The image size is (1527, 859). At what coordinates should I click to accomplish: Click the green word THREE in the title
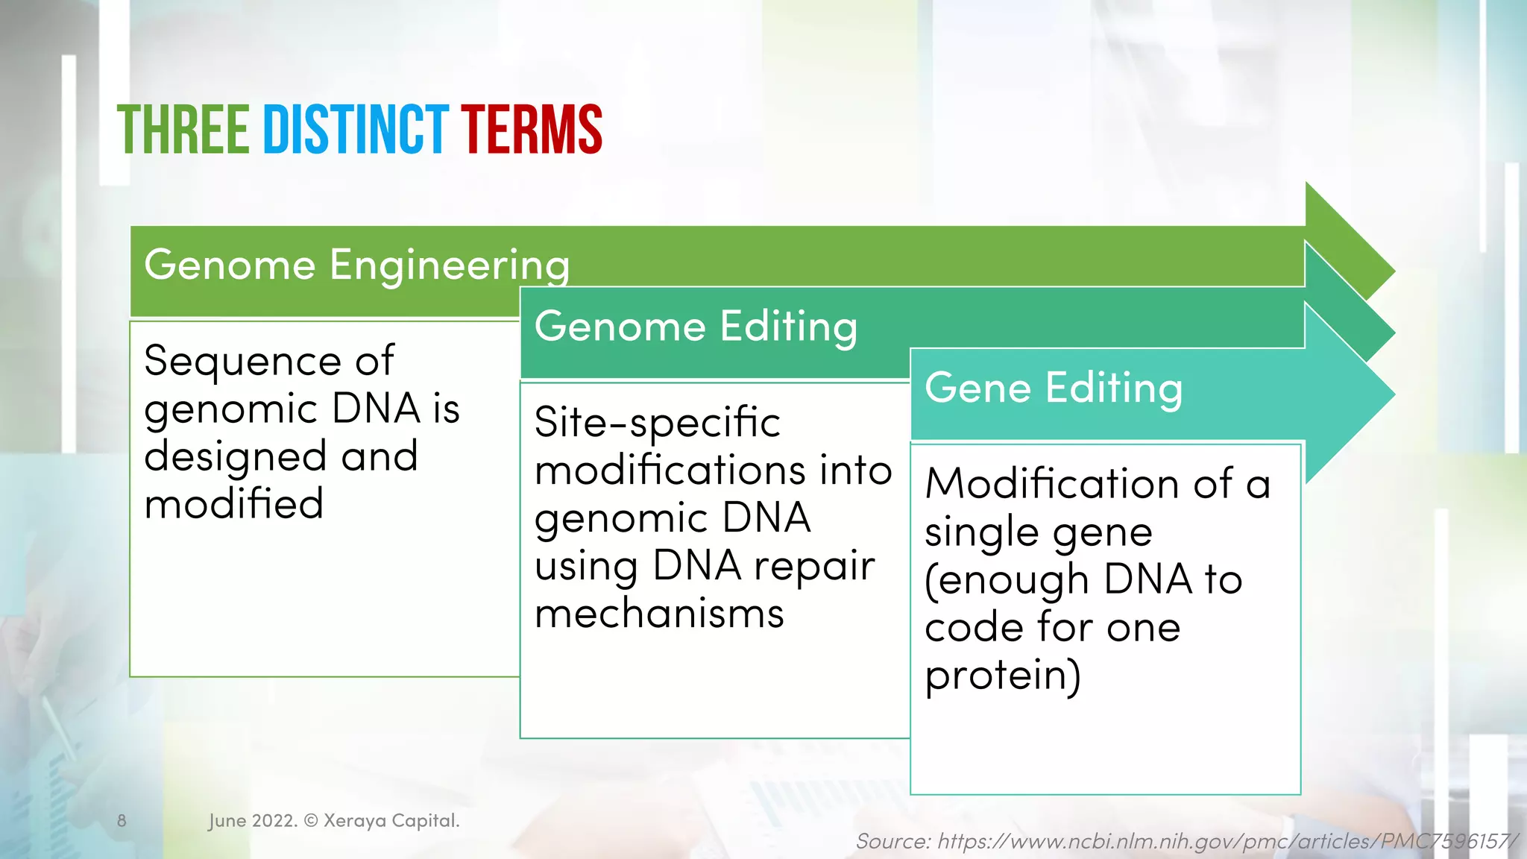183,130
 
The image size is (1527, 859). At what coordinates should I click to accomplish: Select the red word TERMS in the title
531,130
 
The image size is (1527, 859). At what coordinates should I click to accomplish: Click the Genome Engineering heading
356,265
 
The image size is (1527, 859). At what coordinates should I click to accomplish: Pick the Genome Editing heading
696,327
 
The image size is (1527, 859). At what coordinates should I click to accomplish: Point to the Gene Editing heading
1053,388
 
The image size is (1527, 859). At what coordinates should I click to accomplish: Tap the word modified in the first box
233,504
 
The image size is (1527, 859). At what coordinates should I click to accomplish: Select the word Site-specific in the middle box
657,423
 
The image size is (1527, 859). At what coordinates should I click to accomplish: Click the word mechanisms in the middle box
659,614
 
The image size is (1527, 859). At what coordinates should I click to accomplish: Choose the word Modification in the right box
1052,484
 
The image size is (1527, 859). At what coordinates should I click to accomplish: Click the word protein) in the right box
1002,676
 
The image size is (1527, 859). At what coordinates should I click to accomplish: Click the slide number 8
122,821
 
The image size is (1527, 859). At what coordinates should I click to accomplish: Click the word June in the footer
227,821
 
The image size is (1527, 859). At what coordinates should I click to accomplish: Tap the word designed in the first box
235,456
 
